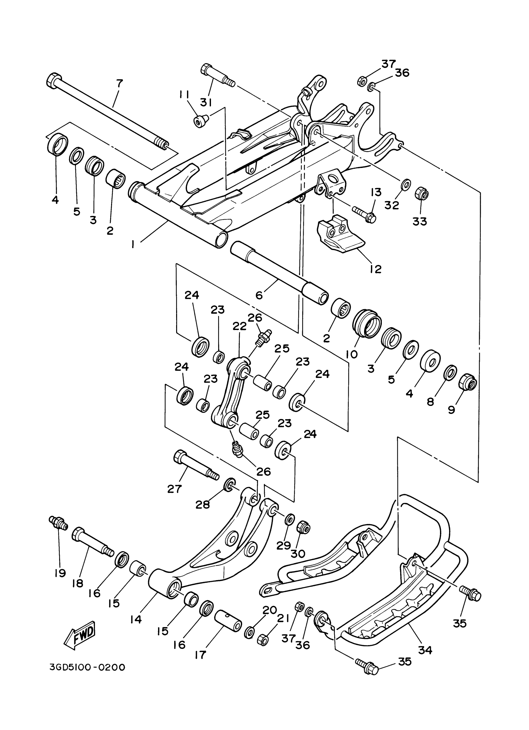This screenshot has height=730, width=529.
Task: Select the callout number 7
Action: pyautogui.click(x=119, y=83)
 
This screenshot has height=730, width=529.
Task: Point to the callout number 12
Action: pyautogui.click(x=375, y=269)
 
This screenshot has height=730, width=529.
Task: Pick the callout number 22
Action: pyautogui.click(x=240, y=326)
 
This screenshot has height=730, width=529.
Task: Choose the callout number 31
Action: pyautogui.click(x=206, y=102)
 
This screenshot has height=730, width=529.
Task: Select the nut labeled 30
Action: pyautogui.click(x=304, y=527)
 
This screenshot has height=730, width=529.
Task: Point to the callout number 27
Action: pyautogui.click(x=175, y=489)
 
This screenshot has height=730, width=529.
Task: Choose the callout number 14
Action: pyautogui.click(x=136, y=619)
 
